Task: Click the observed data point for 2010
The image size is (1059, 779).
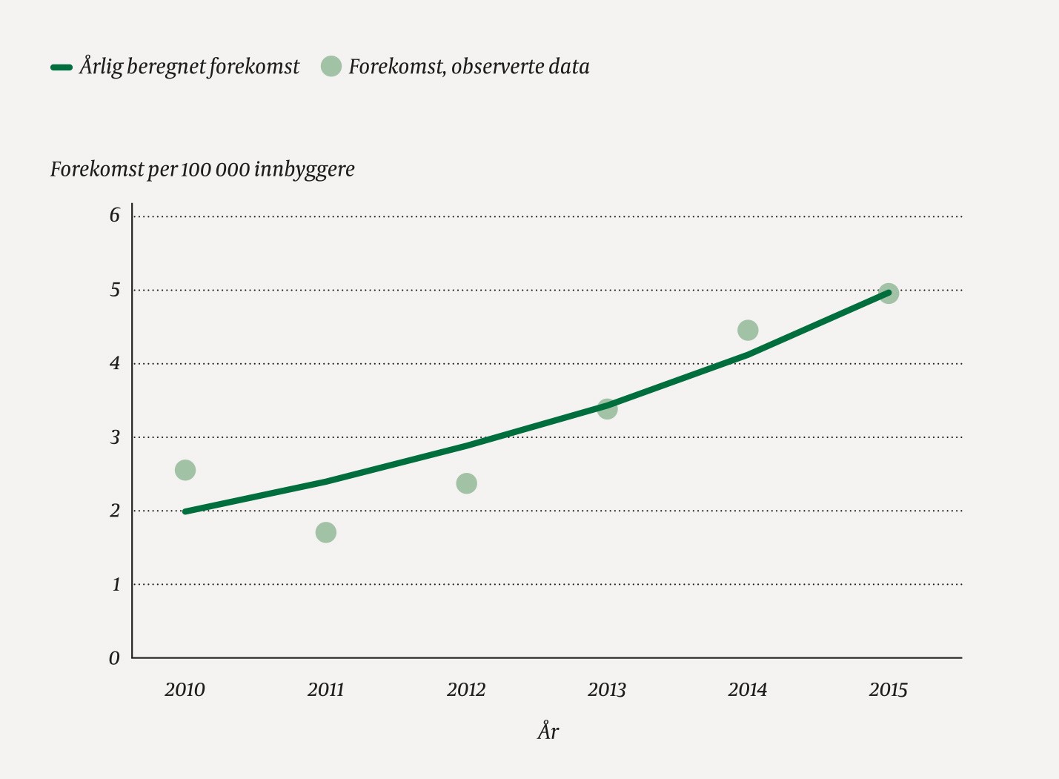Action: pos(185,470)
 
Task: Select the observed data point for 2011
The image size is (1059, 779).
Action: pos(326,532)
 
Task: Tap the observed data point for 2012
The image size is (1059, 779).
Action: pos(466,483)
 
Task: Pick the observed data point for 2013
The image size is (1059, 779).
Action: pos(607,408)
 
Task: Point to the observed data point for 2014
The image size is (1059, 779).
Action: pos(748,330)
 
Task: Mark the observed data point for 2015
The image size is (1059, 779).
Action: pos(889,294)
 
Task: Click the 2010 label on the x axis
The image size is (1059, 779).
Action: pos(185,690)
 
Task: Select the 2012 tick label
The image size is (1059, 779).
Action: pos(466,690)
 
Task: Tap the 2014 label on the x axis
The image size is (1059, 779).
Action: pos(748,690)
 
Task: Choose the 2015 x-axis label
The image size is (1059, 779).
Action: pos(888,690)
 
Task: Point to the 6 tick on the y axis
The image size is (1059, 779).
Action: pos(115,216)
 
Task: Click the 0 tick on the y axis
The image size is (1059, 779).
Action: pos(114,658)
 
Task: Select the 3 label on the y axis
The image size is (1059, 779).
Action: pos(115,437)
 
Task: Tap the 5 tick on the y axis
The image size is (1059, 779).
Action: pos(115,290)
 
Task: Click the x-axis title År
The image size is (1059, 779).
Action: pos(548,732)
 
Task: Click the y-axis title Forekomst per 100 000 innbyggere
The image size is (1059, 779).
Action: pos(202,170)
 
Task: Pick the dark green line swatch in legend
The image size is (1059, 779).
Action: pos(61,67)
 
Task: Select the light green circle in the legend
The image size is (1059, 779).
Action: pos(331,66)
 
